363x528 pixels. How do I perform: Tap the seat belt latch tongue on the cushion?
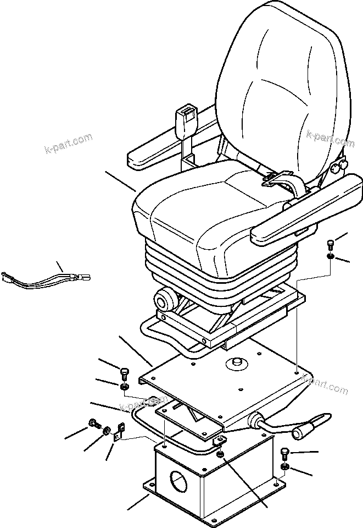282,179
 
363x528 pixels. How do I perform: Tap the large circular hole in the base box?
178,485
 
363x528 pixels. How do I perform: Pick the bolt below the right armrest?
330,244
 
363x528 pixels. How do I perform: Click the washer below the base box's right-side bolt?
284,467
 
